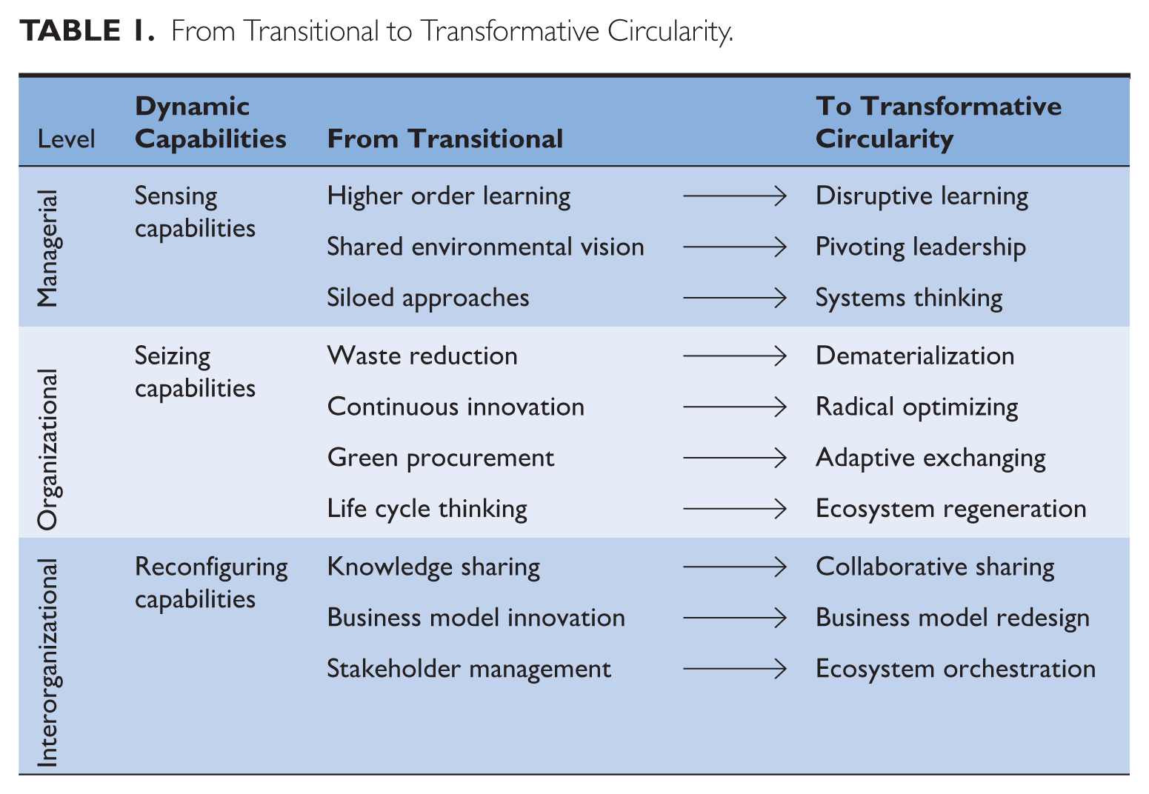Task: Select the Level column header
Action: [x=66, y=139]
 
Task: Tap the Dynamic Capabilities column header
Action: [x=210, y=123]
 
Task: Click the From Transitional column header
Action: [x=444, y=139]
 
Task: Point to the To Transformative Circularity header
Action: [x=938, y=123]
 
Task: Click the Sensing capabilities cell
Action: [x=195, y=212]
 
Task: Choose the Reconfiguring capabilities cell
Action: [x=211, y=583]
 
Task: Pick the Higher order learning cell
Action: [x=449, y=196]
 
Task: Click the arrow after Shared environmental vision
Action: [x=735, y=247]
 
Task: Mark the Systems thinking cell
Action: [x=909, y=298]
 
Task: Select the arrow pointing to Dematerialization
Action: [x=735, y=356]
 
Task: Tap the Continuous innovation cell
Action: [x=456, y=407]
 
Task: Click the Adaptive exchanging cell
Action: [x=930, y=458]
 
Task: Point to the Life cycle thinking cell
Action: [x=427, y=509]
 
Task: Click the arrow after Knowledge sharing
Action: [x=735, y=567]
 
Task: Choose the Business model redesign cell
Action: [x=953, y=618]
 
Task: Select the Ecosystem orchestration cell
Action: [x=956, y=669]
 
